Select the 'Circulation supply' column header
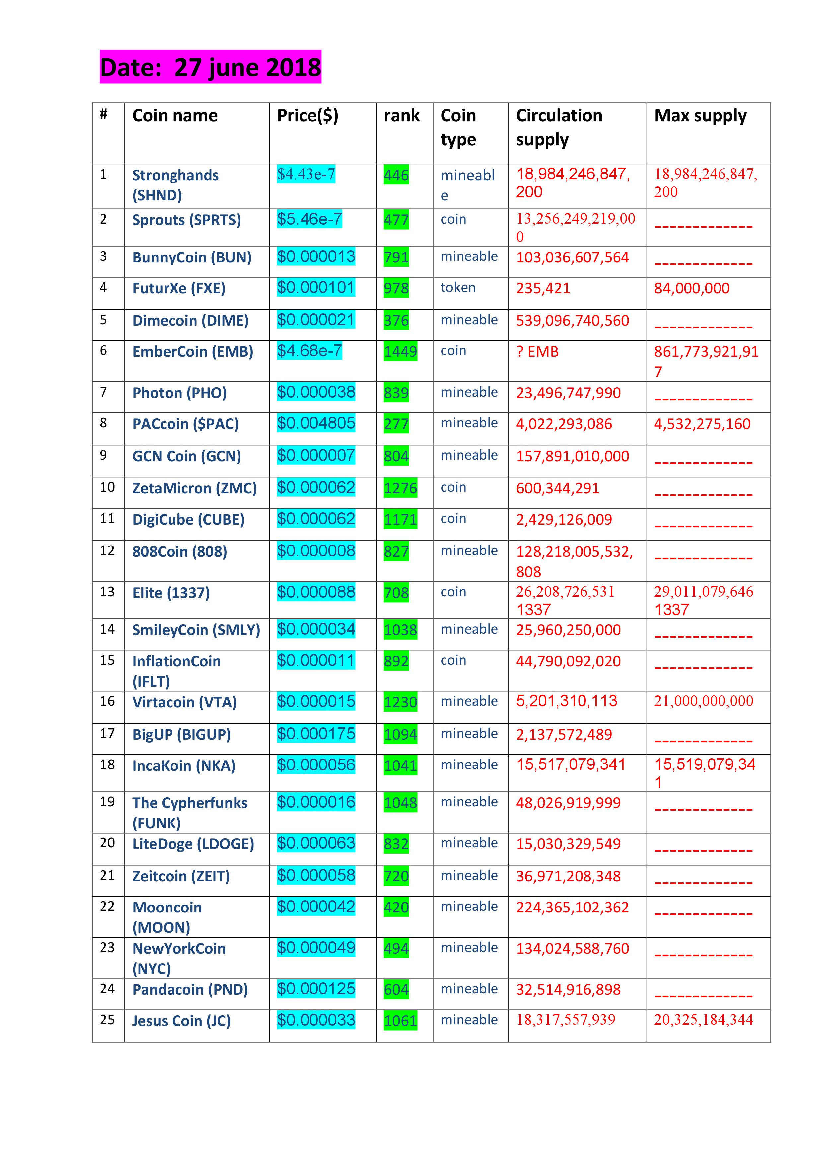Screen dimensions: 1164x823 tap(559, 127)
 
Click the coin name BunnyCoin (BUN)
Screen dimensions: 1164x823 tap(191, 257)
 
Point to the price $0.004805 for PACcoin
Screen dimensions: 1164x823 tap(316, 423)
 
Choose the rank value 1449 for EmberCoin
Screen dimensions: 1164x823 tap(400, 351)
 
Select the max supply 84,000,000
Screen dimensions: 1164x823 tap(691, 288)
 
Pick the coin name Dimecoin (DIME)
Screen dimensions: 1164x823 tap(190, 321)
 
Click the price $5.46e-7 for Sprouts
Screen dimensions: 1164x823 tap(309, 220)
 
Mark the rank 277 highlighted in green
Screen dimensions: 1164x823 tap(396, 424)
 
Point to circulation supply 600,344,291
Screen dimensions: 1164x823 tap(557, 488)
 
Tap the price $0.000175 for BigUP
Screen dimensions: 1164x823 tap(316, 734)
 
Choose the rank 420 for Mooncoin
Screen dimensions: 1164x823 tap(396, 908)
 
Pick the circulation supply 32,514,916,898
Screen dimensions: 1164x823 tap(568, 989)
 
